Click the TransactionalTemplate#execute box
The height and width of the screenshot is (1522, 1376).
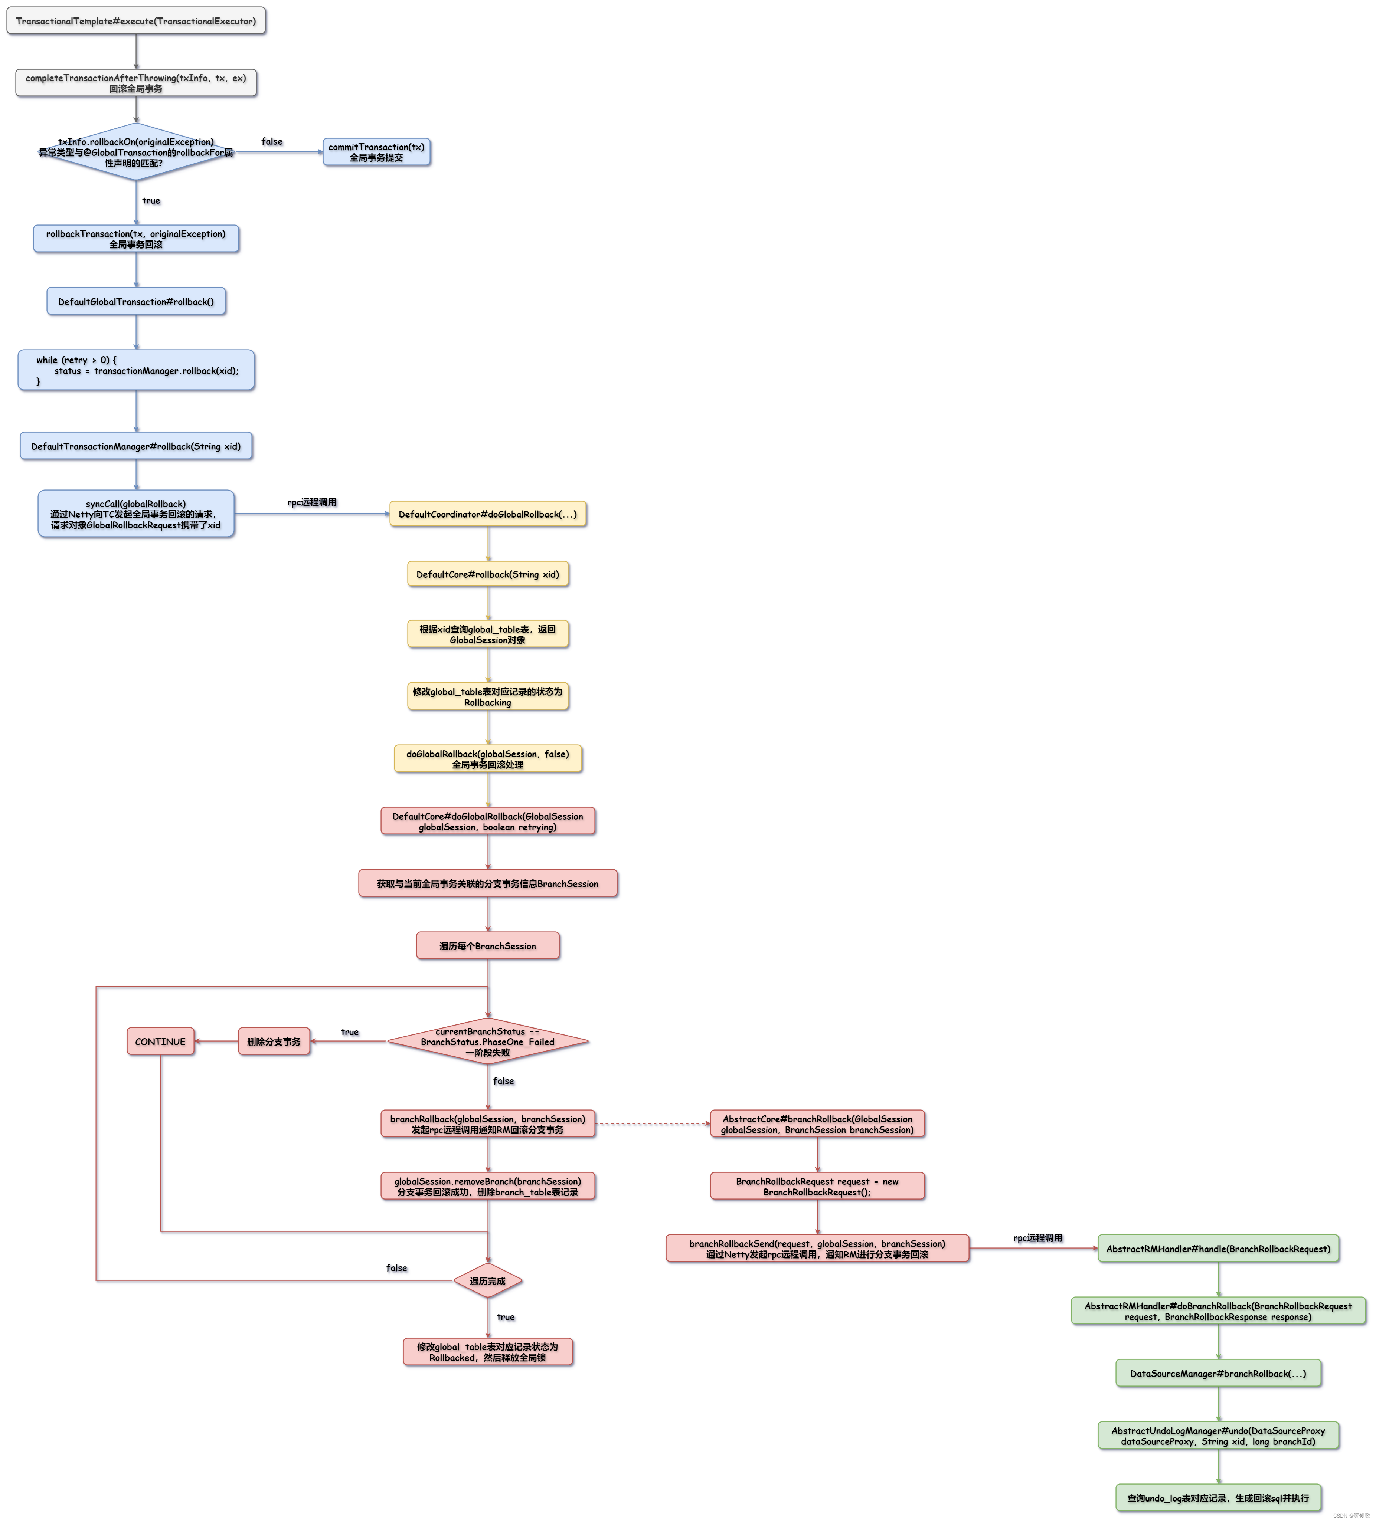click(136, 21)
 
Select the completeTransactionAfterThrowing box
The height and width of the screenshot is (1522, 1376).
click(136, 83)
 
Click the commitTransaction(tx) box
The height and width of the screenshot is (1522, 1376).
click(376, 152)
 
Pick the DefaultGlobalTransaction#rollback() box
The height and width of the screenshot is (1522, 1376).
click(136, 301)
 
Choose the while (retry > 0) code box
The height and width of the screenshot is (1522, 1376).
click(136, 370)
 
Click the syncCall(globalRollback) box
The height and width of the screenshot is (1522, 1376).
click(136, 514)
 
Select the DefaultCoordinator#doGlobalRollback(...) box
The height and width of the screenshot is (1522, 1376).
click(488, 514)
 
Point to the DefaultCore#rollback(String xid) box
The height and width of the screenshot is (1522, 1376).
click(488, 574)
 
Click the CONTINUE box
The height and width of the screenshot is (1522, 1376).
click(160, 1042)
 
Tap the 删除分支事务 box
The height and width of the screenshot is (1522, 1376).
click(274, 1042)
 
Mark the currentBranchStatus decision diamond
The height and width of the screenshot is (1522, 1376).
click(488, 1042)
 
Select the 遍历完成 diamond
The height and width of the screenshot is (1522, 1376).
click(488, 1281)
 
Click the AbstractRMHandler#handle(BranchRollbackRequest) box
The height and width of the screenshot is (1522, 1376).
click(1218, 1249)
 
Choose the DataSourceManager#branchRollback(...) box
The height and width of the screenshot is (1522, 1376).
click(1218, 1373)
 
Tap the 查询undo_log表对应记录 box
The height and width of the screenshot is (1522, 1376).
click(1218, 1498)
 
